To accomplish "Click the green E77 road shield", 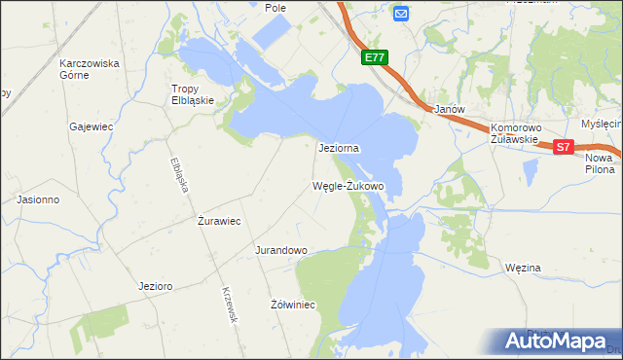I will pos(376,58).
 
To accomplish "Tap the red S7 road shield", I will pos(564,147).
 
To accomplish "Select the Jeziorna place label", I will pos(340,149).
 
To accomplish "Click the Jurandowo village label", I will pos(281,250).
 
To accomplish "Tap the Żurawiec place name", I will pos(219,221).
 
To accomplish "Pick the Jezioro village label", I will pos(156,287).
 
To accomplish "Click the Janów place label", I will pos(450,110).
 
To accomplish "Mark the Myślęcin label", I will pos(602,124).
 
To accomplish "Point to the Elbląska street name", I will pos(178,174).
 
